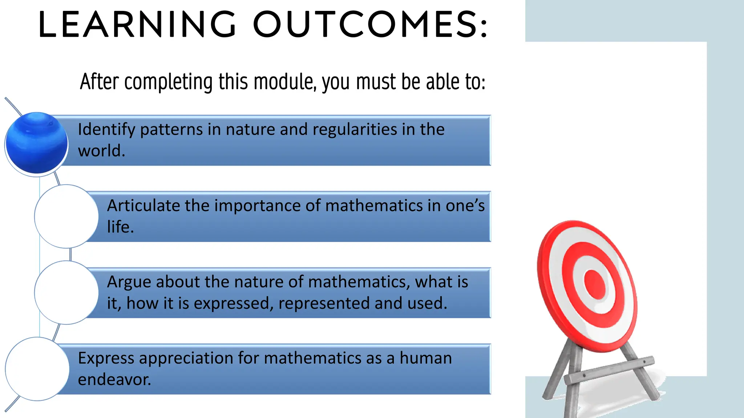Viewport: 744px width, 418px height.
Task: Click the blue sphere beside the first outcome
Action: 37,143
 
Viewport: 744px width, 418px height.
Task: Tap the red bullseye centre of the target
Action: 595,284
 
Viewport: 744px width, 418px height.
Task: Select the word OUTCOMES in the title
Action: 370,25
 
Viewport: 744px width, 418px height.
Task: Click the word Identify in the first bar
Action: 106,130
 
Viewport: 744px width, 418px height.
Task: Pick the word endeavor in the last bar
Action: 114,380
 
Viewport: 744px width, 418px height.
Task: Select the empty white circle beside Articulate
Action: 66,217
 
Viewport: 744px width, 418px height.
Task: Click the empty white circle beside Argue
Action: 66,293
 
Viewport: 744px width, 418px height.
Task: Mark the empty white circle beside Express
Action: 37,369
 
